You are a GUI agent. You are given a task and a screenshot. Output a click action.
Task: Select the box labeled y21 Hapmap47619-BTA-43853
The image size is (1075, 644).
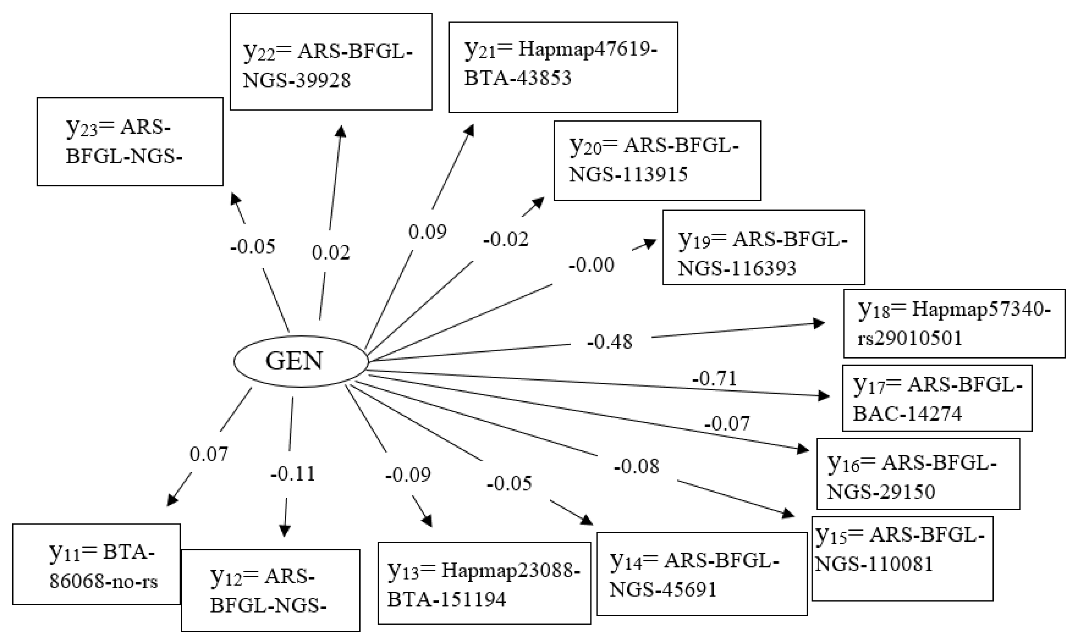563,67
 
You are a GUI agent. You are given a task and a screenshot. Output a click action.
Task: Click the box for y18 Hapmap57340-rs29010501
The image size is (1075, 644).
954,324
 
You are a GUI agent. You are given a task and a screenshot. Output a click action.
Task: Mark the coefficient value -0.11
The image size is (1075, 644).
292,474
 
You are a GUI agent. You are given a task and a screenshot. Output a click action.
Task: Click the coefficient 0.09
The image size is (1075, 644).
427,232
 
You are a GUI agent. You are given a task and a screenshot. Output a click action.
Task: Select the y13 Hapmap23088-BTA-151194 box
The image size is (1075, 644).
484,583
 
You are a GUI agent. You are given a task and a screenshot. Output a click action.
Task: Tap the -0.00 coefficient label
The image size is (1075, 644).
591,265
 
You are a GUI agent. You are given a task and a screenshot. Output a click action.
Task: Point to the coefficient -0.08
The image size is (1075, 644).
637,466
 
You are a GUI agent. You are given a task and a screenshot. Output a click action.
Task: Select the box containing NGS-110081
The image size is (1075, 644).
902,558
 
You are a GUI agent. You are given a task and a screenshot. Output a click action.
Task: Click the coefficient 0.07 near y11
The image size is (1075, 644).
209,455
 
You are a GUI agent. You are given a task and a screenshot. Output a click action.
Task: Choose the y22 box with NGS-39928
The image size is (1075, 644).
331,62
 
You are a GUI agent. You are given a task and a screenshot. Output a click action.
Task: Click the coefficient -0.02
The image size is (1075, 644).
506,240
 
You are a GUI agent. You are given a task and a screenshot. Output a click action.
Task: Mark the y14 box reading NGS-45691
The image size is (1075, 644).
701,574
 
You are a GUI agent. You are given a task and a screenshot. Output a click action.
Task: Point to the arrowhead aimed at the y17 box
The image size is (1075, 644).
823,396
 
